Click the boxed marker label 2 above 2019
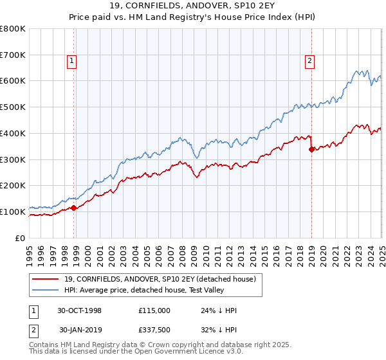[x=309, y=61]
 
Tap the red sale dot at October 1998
[x=74, y=208]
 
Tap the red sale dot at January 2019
[x=311, y=149]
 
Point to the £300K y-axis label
[x=13, y=159]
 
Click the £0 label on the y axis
[x=21, y=238]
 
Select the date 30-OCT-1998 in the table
[x=80, y=310]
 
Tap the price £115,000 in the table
[x=154, y=310]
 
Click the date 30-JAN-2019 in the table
[x=80, y=331]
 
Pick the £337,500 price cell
[x=154, y=331]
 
